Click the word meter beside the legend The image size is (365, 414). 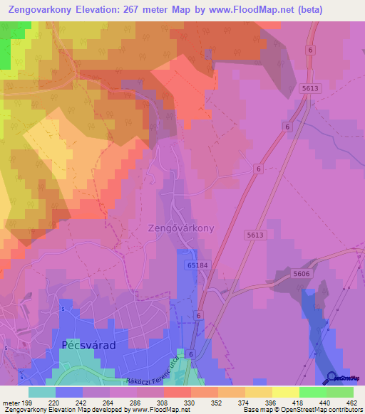(10, 403)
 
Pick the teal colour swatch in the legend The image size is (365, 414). (41, 392)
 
